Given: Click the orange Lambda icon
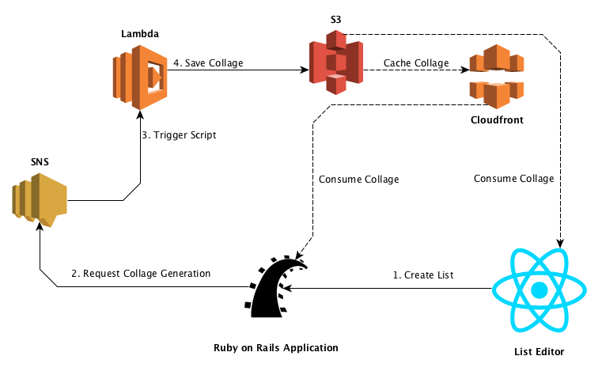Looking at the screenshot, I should (139, 77).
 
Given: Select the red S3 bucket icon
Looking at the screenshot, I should (335, 62).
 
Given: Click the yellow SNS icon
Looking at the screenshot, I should (39, 201).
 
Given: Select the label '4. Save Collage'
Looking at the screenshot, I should (209, 63).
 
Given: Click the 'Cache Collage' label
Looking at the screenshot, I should (416, 63).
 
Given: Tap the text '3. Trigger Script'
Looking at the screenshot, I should (179, 135).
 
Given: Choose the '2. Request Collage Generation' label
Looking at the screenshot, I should (141, 274).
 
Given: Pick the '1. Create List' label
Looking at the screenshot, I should (424, 275).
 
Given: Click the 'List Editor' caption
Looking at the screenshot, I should (540, 350).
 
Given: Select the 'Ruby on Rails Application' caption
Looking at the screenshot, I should (276, 348).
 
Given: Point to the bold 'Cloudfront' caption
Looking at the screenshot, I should (496, 121).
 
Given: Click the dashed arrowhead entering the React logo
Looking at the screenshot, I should (561, 242).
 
